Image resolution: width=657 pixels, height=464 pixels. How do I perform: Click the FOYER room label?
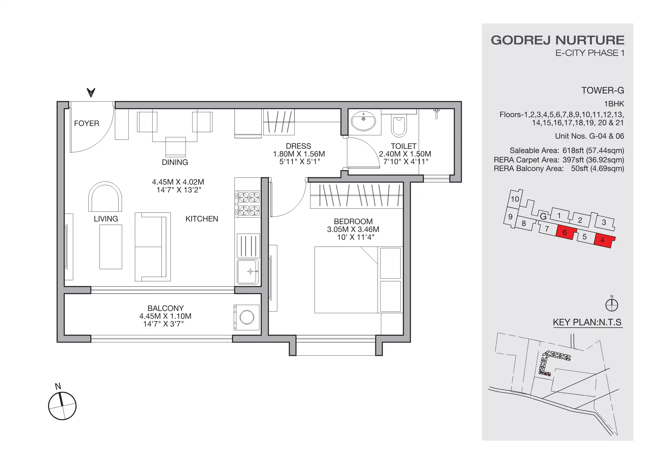86,123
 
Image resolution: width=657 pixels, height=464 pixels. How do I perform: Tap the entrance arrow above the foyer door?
91,92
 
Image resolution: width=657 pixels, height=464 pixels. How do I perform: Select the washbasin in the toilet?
363,122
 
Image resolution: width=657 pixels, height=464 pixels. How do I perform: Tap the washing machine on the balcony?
247,317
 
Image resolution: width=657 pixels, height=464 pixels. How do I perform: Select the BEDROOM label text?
353,221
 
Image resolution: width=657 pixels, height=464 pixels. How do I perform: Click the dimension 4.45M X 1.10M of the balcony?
165,316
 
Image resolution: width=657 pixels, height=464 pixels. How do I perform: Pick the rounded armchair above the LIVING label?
105,197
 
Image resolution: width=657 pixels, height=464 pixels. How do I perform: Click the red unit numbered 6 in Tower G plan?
565,232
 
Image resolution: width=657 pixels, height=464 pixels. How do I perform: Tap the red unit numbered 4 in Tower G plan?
602,240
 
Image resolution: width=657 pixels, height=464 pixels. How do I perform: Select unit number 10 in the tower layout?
515,199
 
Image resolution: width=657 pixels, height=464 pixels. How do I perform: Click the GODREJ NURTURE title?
557,40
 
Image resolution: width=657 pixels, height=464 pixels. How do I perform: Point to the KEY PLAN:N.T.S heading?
587,322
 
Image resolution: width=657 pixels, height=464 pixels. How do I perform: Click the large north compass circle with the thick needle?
62,406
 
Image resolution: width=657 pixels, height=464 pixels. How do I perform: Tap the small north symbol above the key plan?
611,305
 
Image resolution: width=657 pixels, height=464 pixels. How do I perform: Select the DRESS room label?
298,146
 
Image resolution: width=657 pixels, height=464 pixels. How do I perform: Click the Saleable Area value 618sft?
573,150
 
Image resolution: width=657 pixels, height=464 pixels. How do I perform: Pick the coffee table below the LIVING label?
110,247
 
